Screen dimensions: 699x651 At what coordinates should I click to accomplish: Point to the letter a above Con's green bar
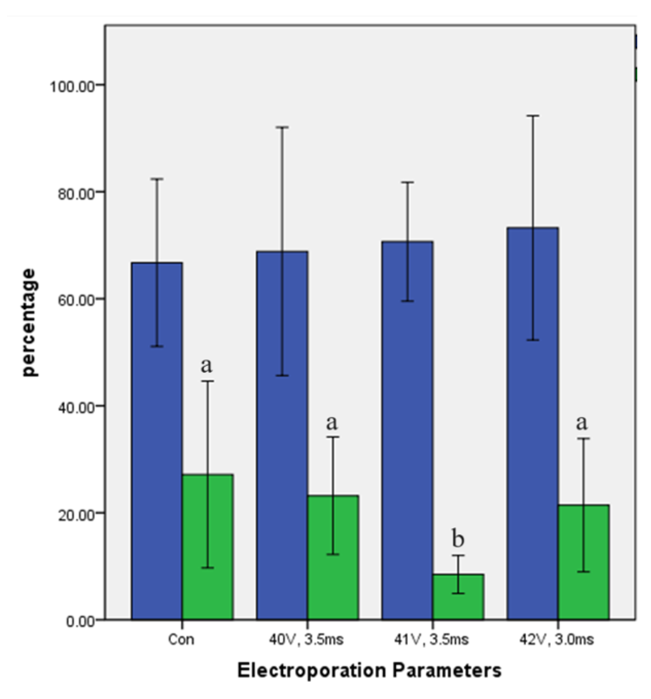click(207, 366)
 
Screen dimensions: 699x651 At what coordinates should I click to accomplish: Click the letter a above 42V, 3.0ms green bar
click(582, 423)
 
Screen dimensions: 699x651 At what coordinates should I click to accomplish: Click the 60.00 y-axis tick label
click(76, 300)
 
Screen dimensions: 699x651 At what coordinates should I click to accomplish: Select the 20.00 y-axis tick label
click(76, 514)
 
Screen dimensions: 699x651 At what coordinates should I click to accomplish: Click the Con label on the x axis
click(181, 640)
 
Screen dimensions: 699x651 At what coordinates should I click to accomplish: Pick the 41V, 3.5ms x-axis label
click(431, 640)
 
